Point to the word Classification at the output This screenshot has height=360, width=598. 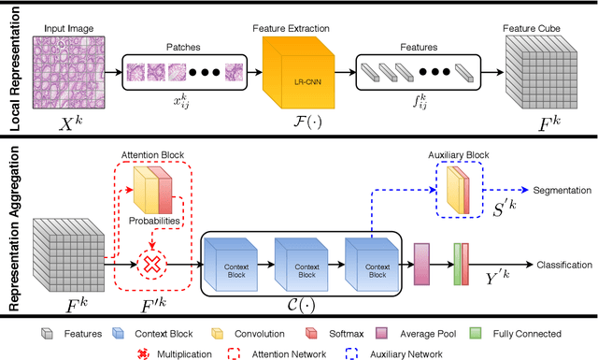pos(564,266)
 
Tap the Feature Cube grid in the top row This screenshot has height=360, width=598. pos(534,73)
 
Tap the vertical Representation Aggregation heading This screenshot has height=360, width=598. pos(13,227)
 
